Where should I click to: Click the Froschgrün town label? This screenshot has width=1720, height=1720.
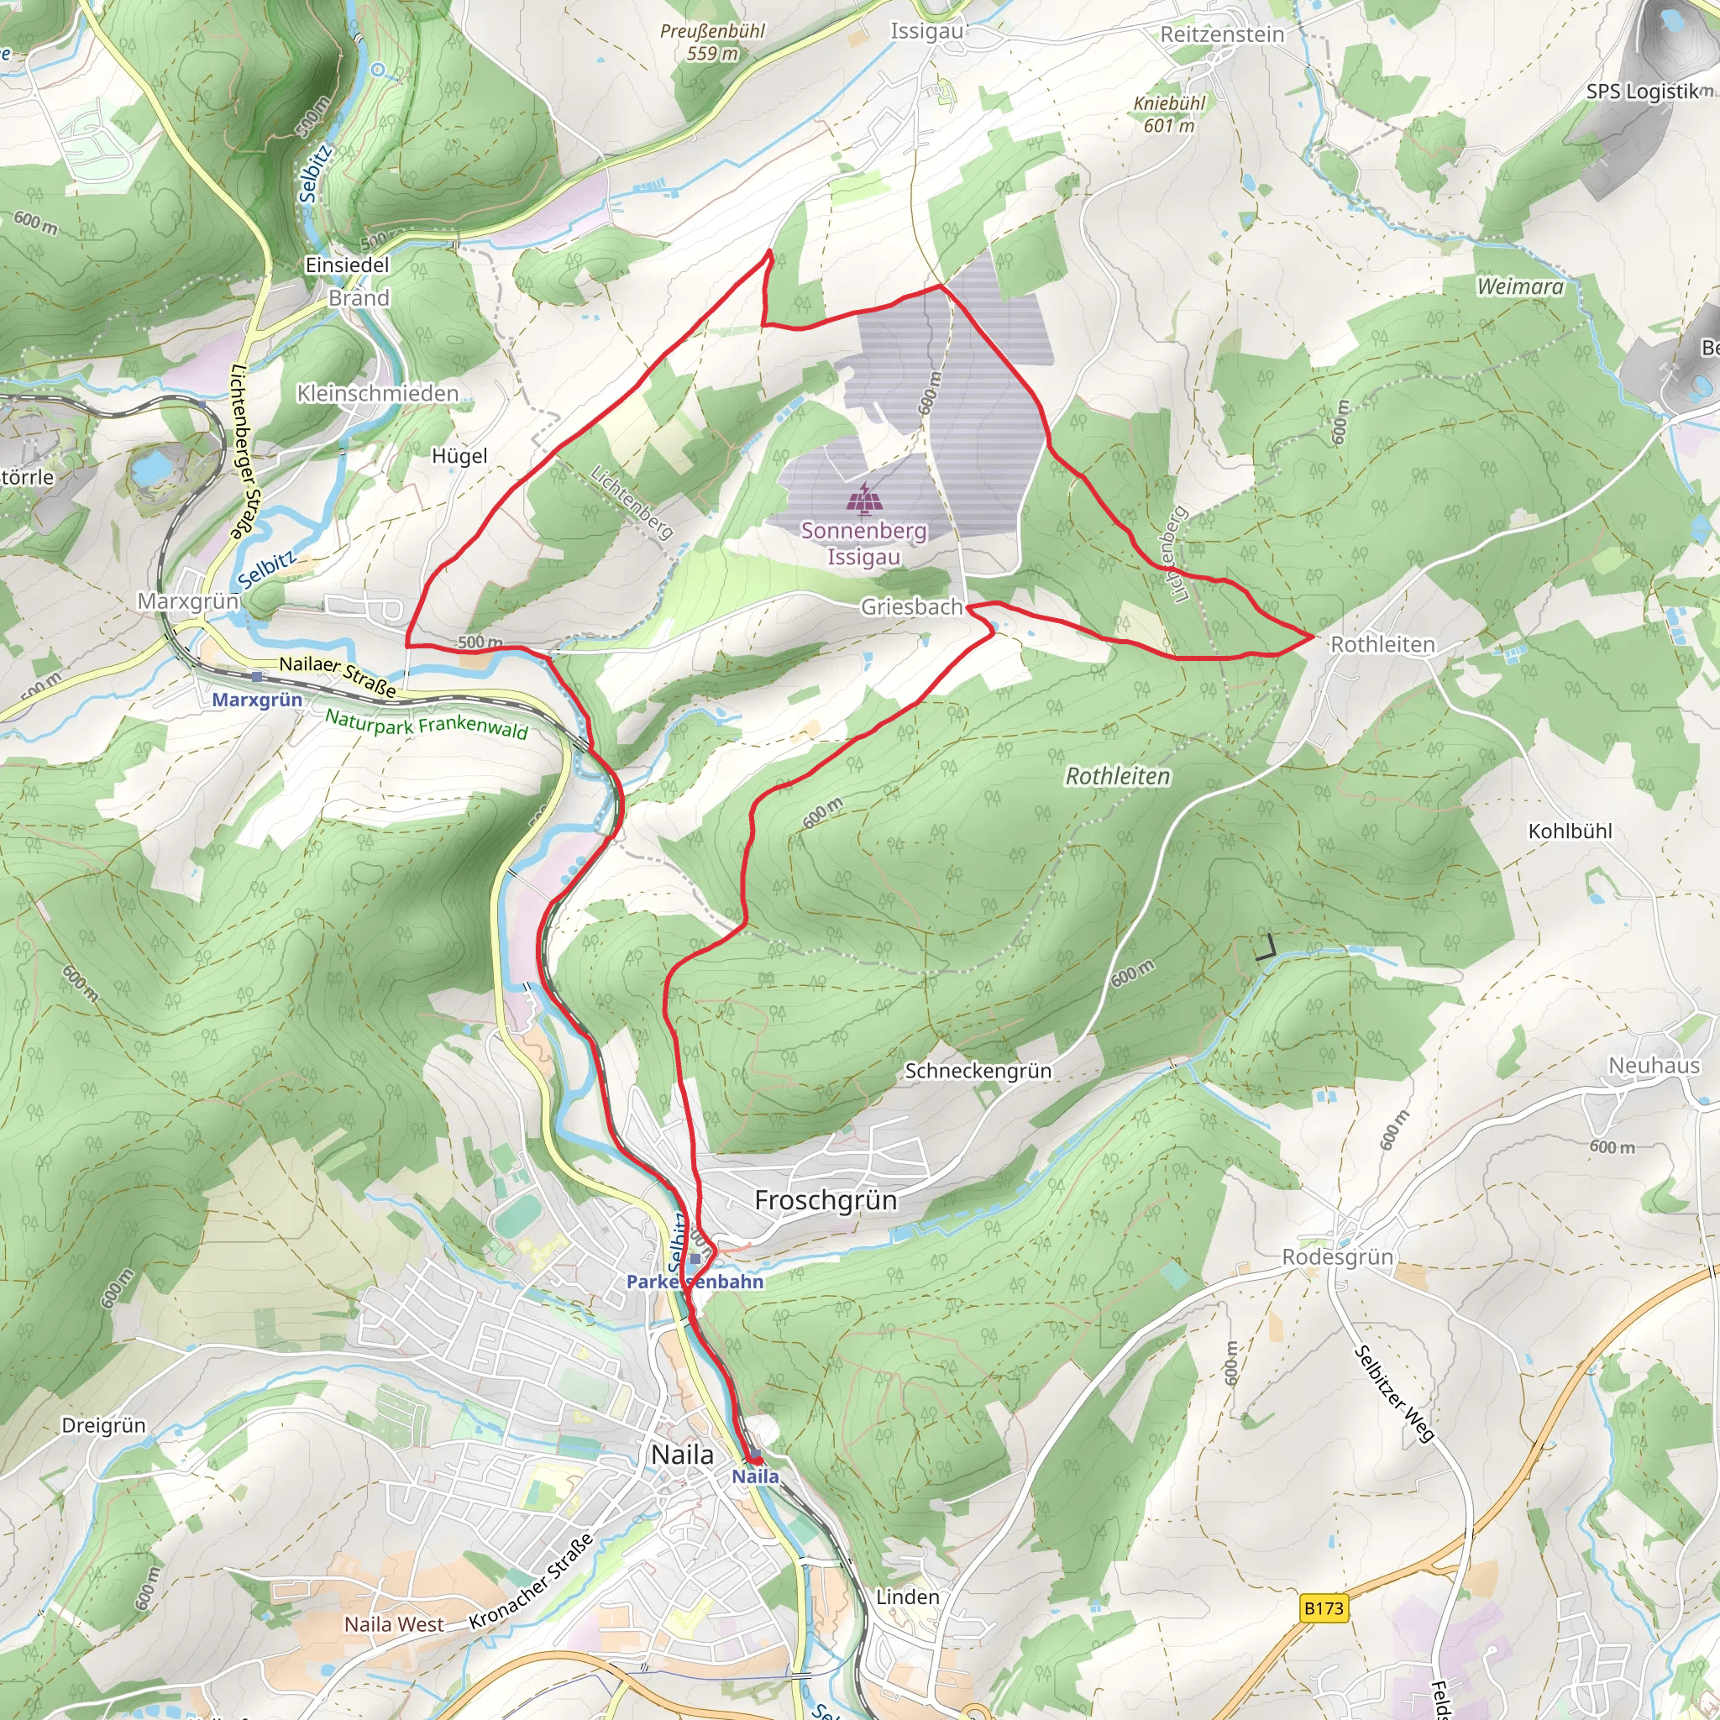point(826,1200)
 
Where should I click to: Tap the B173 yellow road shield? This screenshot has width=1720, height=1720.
point(1323,1607)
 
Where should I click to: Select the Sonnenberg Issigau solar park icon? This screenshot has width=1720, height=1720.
point(862,500)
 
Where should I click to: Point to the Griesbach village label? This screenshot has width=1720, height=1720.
point(910,607)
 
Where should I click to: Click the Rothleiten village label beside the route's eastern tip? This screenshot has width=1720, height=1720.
point(1382,644)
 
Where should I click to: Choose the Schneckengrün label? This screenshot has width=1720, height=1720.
point(978,1071)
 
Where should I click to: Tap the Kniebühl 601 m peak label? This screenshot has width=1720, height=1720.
point(1169,114)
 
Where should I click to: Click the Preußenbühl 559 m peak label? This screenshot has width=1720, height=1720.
point(712,42)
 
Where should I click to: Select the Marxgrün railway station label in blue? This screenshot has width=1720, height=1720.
point(257,700)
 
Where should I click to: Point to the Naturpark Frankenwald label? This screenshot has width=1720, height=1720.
point(426,723)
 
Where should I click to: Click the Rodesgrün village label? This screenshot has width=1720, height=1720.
point(1337,1257)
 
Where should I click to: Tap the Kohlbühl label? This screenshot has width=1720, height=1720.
point(1570,831)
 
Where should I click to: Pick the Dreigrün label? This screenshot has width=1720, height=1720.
point(103,1425)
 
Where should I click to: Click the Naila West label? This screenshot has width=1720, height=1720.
point(394,1625)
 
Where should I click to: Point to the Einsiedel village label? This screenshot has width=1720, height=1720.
point(347,265)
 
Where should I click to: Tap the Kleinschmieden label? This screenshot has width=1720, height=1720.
point(377,394)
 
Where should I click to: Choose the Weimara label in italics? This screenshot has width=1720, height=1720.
point(1519,286)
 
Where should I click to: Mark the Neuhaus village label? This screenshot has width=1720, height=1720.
point(1653,1066)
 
